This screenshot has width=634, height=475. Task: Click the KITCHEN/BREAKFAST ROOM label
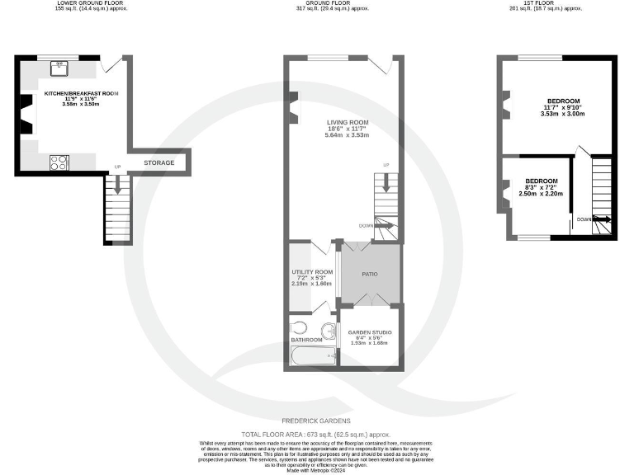click(x=81, y=95)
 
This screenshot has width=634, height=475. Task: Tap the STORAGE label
click(x=159, y=163)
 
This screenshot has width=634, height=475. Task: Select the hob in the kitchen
click(x=59, y=162)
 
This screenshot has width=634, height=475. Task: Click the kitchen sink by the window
click(x=59, y=65)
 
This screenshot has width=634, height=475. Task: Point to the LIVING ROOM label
click(x=347, y=123)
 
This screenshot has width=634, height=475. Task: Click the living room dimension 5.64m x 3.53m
click(x=347, y=135)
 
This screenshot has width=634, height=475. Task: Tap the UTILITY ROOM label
click(x=311, y=272)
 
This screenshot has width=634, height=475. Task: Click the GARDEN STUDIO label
click(x=370, y=332)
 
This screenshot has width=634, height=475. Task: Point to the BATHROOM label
click(x=307, y=339)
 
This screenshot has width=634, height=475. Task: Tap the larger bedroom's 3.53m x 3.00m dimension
click(x=562, y=114)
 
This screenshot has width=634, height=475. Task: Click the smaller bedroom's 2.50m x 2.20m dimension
click(x=541, y=194)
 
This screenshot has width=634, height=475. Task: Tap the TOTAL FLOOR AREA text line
click(x=315, y=434)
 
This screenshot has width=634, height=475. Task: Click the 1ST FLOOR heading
click(x=559, y=3)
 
